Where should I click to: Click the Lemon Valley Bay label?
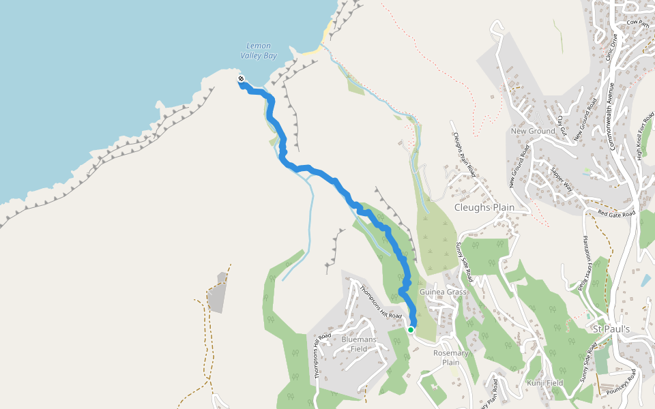pyautogui.click(x=259, y=50)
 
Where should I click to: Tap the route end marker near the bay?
pyautogui.click(x=242, y=80)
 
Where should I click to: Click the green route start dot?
pyautogui.click(x=411, y=329)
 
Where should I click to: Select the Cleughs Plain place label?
pyautogui.click(x=484, y=207)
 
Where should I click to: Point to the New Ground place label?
pyautogui.click(x=533, y=131)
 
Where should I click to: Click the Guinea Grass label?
pyautogui.click(x=443, y=292)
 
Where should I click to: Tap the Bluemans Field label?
pyautogui.click(x=359, y=344)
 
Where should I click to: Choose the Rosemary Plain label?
pyautogui.click(x=451, y=358)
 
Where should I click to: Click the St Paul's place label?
pyautogui.click(x=611, y=329)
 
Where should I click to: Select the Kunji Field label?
pyautogui.click(x=544, y=383)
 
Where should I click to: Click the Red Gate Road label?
pyautogui.click(x=616, y=213)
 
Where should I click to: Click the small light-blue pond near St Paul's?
pyautogui.click(x=645, y=280)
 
